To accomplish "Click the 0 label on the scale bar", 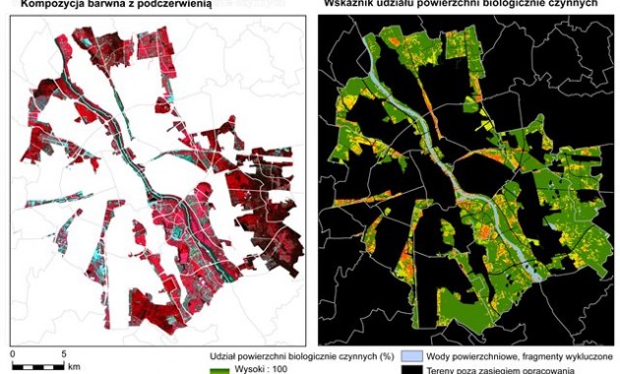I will tap(11, 352).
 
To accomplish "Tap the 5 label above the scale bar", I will tap(63, 352).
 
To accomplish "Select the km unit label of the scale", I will tap(74, 367).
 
